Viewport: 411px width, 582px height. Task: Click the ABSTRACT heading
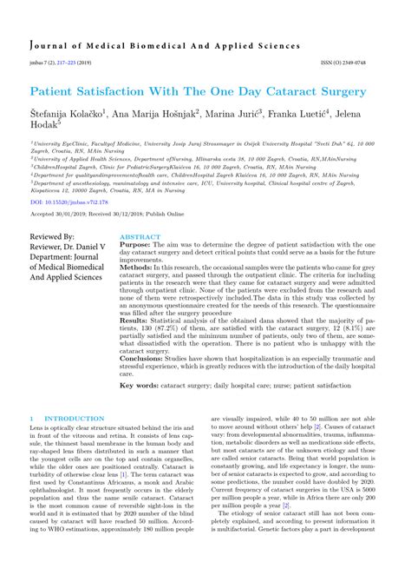tap(140, 236)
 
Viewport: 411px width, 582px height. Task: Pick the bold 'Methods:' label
tap(137, 268)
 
